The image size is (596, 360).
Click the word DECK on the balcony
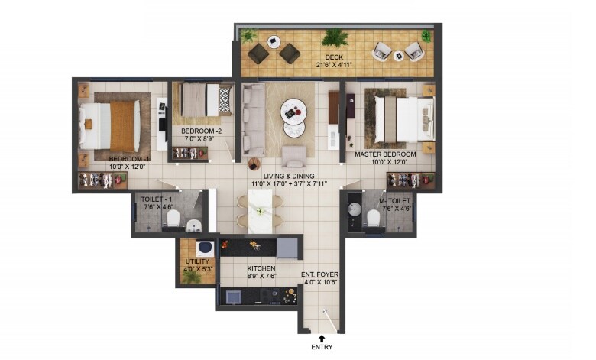333,57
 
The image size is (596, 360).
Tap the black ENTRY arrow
321,337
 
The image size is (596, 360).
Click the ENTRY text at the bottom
321,348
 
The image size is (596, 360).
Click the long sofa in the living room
253,112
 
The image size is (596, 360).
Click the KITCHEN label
261,269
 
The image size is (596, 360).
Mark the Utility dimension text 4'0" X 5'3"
191,269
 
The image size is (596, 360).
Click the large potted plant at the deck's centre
335,38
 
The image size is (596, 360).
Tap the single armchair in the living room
294,156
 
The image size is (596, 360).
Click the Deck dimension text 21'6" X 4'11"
333,66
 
